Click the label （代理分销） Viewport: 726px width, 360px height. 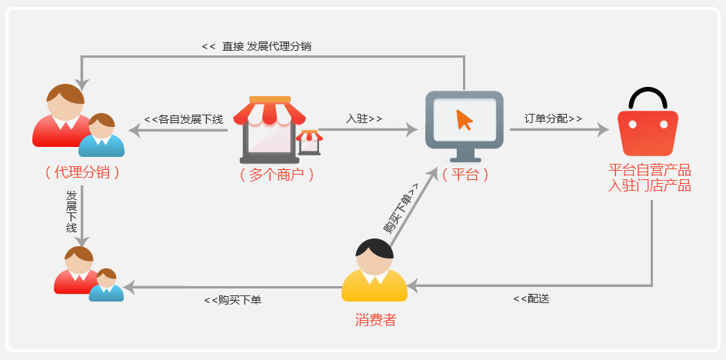coord(82,173)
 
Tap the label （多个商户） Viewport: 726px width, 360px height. coord(277,174)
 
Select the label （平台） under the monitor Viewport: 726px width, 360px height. coord(465,174)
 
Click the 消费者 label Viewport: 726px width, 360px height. coord(375,320)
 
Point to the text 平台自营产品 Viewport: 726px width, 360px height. coord(650,170)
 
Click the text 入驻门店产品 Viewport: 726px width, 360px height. coord(650,186)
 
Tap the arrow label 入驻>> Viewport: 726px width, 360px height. coord(364,118)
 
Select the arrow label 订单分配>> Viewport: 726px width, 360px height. coord(553,118)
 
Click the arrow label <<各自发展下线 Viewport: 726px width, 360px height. coord(184,119)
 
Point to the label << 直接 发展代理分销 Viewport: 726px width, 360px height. coord(257,46)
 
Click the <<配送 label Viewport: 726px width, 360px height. coord(531,298)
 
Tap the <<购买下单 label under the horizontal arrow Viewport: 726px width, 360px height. coord(233,300)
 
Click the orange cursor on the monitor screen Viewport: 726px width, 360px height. coord(465,119)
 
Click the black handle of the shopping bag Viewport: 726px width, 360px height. coord(648,96)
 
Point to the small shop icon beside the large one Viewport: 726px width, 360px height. coord(310,143)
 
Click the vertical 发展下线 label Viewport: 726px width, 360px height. coord(72,211)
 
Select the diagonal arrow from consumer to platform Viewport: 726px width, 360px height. coord(414,207)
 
